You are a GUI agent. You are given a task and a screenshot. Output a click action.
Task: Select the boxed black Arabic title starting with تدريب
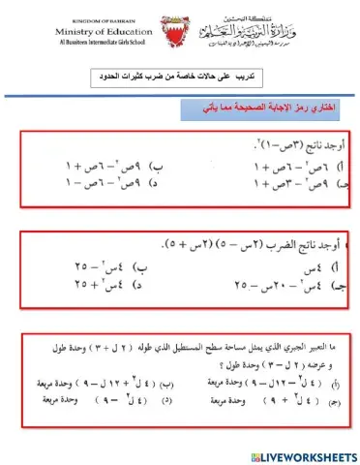point(179,76)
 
